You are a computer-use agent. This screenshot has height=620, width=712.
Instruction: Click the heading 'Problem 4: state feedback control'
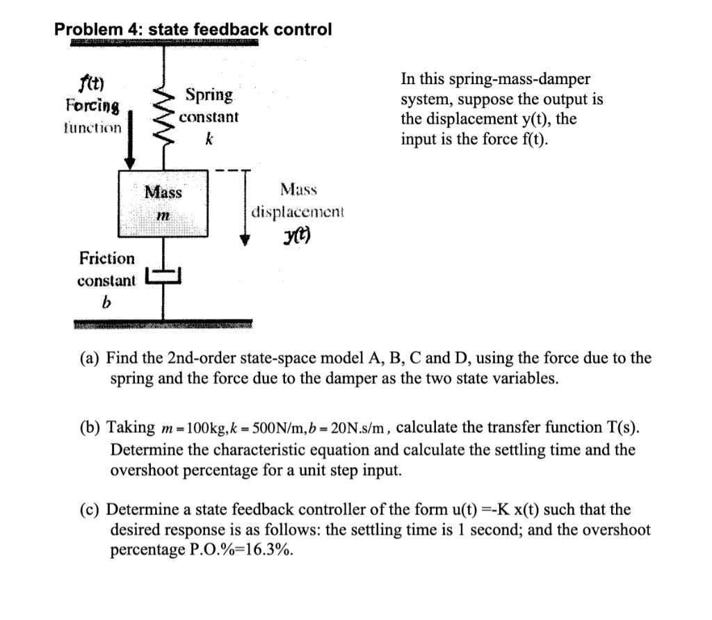[193, 30]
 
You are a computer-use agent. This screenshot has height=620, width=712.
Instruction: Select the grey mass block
[163, 202]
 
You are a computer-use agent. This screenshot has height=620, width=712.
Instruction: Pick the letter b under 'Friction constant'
[106, 303]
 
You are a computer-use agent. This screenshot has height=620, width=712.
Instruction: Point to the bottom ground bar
[163, 325]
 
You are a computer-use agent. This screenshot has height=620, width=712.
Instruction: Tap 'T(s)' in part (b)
[617, 427]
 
